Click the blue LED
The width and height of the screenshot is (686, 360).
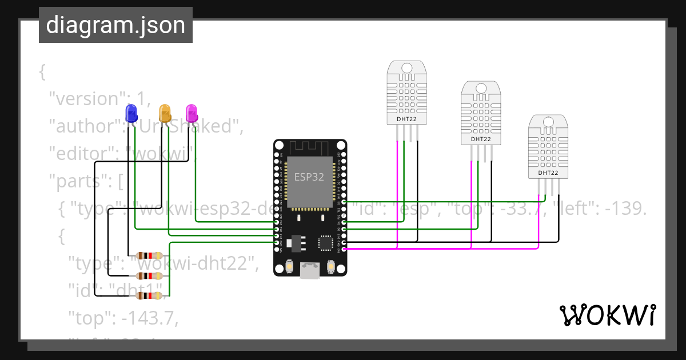point(131,111)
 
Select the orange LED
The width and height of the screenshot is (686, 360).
point(165,111)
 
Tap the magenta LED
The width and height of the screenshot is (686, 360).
point(192,111)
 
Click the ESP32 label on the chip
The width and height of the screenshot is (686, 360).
point(309,177)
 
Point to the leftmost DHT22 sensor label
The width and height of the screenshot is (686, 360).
point(406,119)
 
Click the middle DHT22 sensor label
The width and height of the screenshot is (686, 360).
point(481,139)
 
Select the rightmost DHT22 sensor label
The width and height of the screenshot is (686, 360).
point(548,173)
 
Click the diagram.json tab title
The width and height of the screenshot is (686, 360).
point(115,25)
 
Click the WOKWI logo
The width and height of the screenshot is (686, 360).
point(607,315)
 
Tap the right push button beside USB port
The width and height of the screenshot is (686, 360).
point(330,266)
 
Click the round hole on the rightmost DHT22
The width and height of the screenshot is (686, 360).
point(548,122)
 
